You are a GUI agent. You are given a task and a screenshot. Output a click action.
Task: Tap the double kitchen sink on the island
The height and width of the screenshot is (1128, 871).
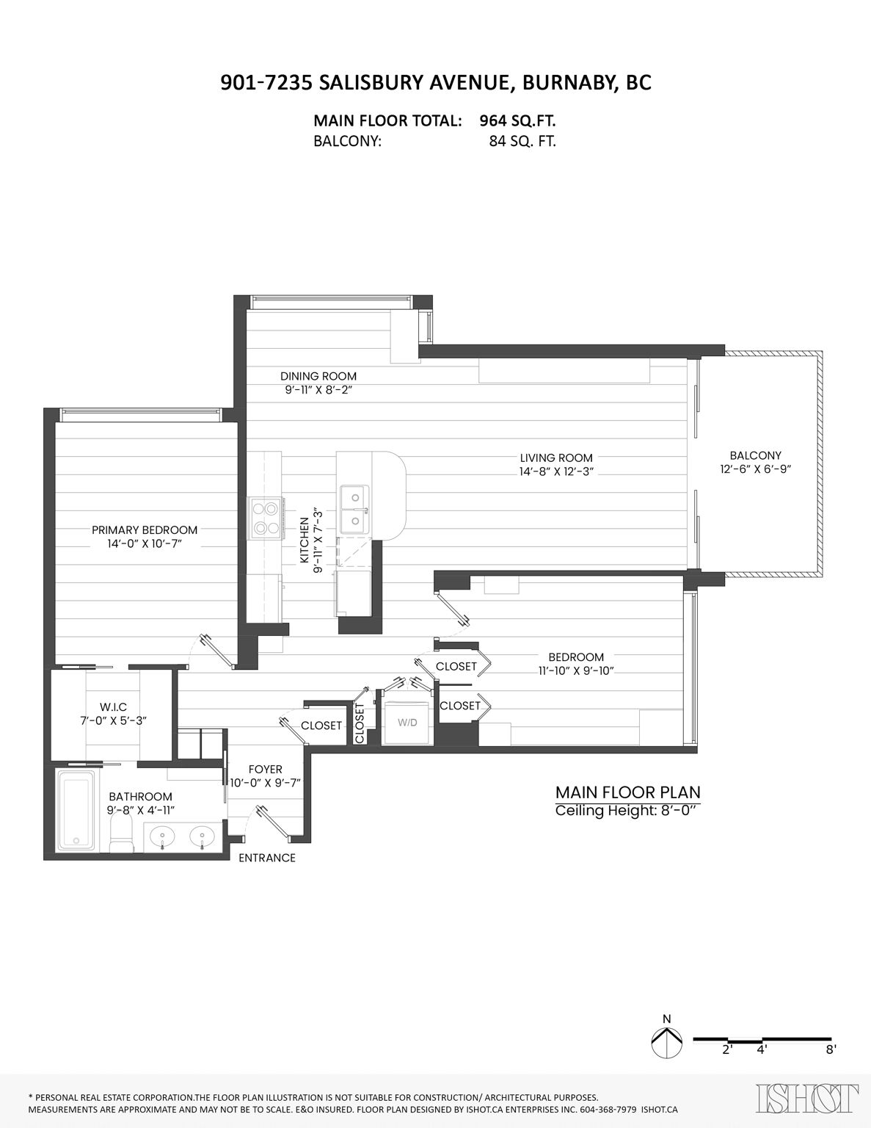click(354, 507)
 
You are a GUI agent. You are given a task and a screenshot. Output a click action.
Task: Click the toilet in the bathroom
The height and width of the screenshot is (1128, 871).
click(120, 836)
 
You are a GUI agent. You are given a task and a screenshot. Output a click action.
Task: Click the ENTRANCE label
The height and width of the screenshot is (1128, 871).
click(267, 858)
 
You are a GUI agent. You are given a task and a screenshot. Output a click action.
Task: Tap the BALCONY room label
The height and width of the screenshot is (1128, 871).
click(755, 455)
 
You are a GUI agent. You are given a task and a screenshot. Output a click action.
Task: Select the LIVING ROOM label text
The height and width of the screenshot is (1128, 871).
click(556, 458)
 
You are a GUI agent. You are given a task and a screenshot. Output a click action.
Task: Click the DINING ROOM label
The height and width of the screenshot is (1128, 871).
click(318, 376)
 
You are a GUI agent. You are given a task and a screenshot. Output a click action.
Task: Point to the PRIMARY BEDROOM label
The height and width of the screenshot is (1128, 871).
click(145, 529)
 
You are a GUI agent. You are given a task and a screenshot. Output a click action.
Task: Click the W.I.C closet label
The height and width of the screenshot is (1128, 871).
click(113, 706)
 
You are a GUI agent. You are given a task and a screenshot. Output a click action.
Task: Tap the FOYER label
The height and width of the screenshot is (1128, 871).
click(265, 770)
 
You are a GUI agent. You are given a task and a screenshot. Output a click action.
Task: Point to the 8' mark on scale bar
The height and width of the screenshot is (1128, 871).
click(831, 1049)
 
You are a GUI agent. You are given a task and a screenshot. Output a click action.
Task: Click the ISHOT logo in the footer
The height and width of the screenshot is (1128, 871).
click(807, 1099)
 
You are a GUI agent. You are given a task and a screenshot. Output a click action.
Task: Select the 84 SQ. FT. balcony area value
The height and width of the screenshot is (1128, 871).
click(522, 141)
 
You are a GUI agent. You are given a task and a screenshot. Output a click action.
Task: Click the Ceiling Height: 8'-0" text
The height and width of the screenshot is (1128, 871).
click(628, 811)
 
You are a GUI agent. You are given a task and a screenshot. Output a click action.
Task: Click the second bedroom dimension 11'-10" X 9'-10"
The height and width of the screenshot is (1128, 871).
click(576, 670)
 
